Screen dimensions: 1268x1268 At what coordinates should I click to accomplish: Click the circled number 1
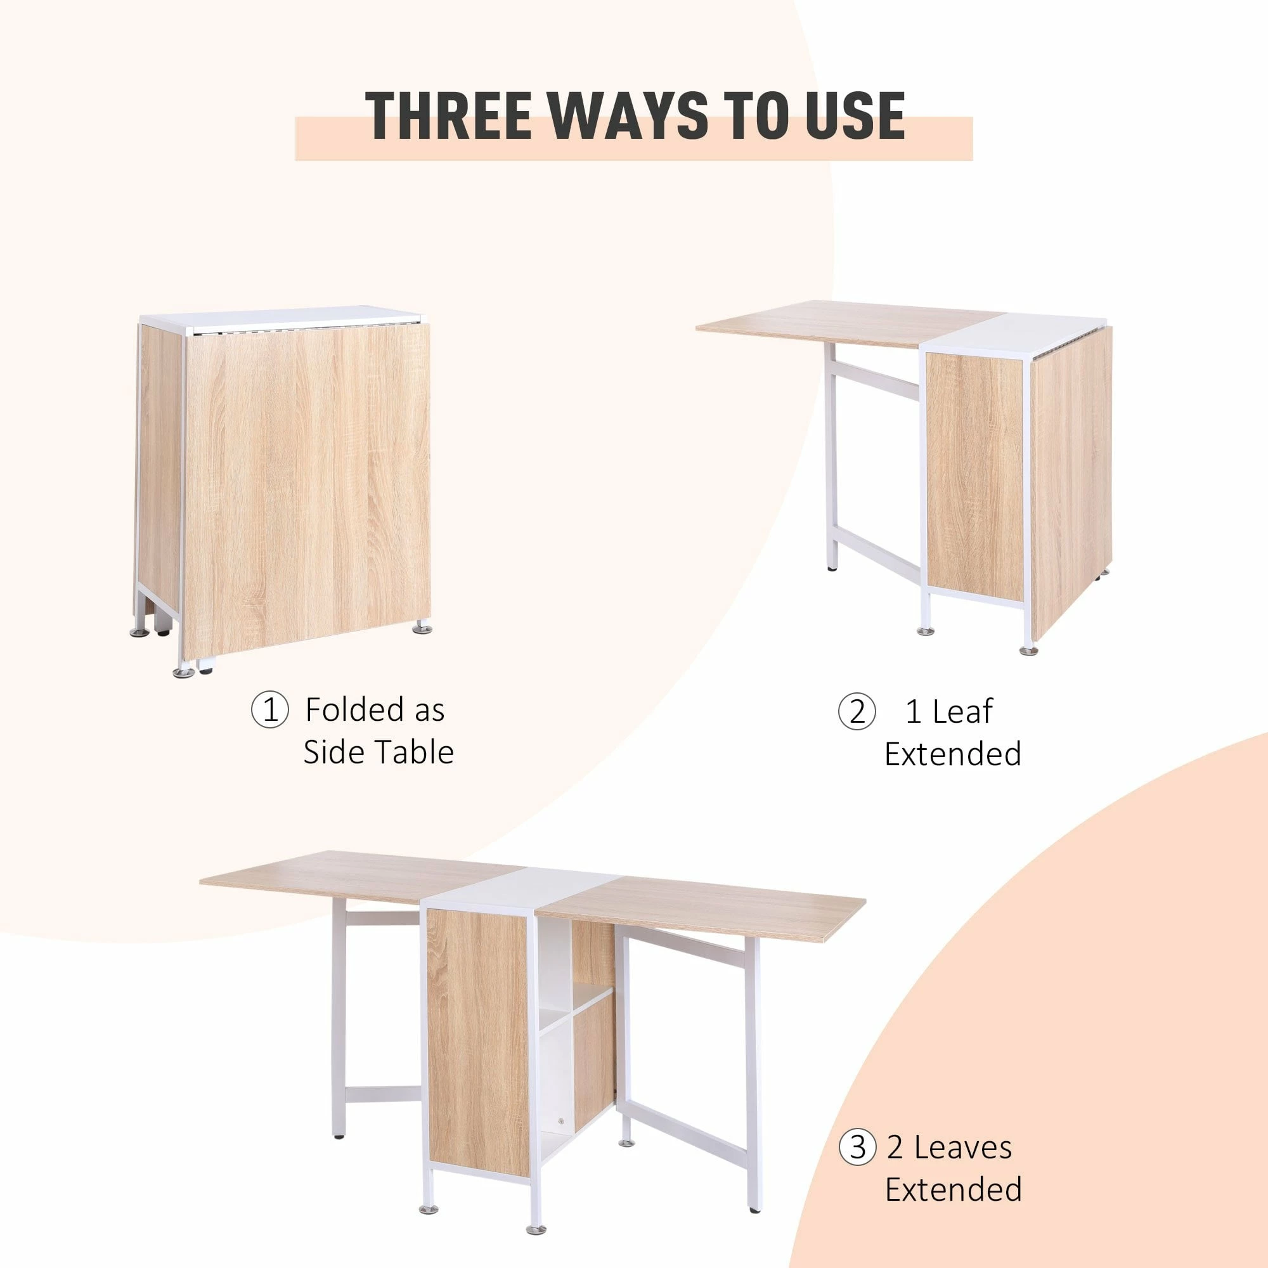point(269,711)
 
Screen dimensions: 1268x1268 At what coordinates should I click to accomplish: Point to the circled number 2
point(857,712)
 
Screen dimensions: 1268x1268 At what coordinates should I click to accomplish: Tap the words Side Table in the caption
point(378,753)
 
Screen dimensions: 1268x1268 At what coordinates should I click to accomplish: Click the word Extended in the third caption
point(953,1135)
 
